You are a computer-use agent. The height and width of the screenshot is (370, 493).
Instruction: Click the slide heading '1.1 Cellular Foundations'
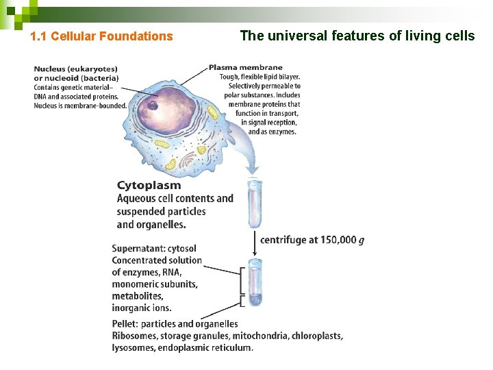pyautogui.click(x=102, y=36)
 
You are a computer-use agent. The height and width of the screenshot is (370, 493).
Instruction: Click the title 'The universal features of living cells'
pyautogui.click(x=357, y=36)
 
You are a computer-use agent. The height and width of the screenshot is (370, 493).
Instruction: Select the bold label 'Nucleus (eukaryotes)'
pyautogui.click(x=76, y=69)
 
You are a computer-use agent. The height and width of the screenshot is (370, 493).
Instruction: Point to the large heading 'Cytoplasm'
pyautogui.click(x=149, y=185)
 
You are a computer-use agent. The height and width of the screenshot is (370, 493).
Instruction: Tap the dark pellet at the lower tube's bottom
pyautogui.click(x=255, y=299)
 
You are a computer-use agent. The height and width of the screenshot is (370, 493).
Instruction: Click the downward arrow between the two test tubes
pyautogui.click(x=255, y=240)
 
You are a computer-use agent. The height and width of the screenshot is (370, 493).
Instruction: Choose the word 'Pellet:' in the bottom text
pyautogui.click(x=126, y=324)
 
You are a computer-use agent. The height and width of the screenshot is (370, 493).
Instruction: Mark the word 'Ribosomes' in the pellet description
pyautogui.click(x=134, y=336)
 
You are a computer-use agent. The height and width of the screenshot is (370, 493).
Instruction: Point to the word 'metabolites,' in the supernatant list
pyautogui.click(x=138, y=296)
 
